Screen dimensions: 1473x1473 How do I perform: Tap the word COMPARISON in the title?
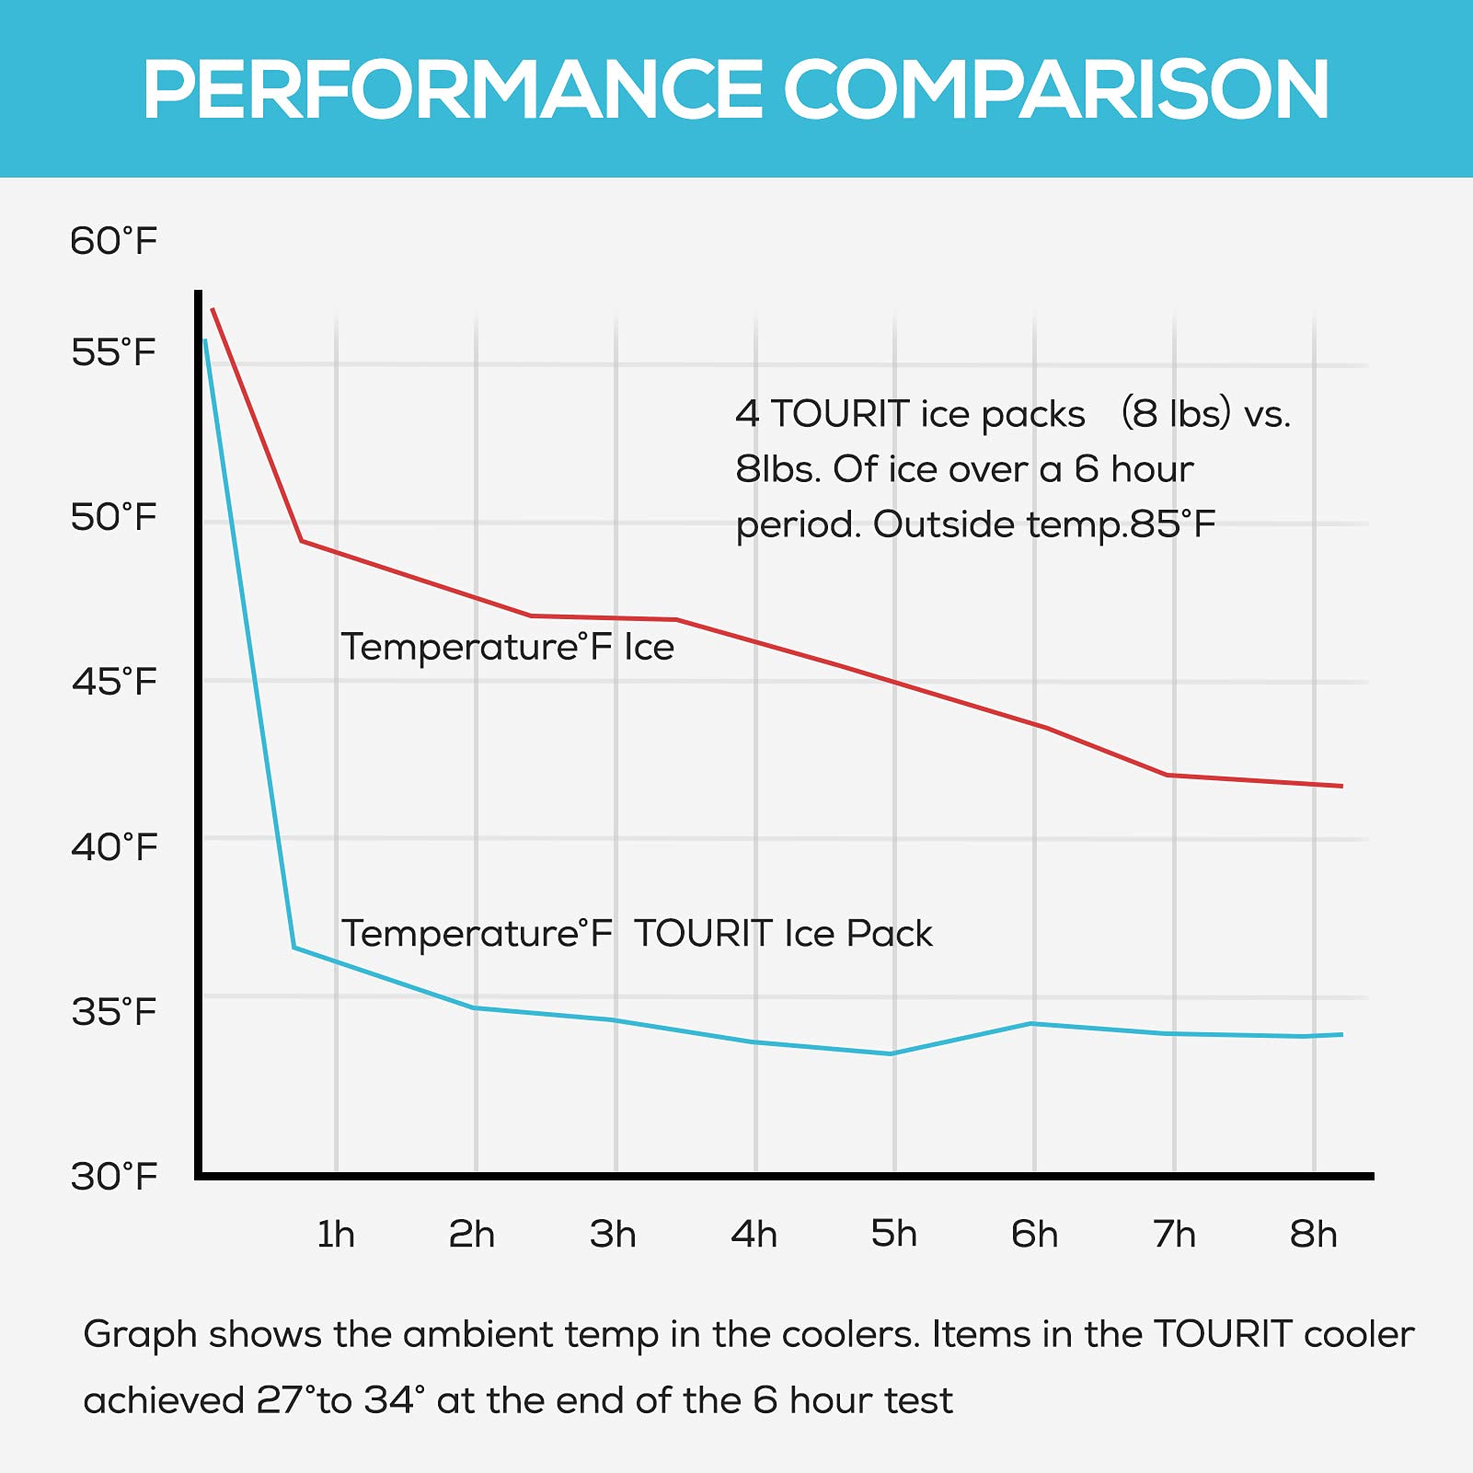tap(1055, 90)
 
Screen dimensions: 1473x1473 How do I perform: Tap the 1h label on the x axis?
tap(336, 1235)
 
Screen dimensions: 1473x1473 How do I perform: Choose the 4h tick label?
tap(754, 1235)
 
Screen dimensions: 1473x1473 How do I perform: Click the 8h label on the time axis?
tap(1313, 1235)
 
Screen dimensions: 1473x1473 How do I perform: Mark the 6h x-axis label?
tap(1034, 1235)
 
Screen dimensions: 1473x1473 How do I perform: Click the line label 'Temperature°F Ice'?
tap(508, 648)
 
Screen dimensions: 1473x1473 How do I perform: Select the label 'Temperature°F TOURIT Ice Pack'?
tap(637, 934)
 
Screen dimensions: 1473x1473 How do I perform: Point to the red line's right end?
tap(1341, 786)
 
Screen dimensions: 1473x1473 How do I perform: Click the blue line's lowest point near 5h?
tap(891, 1053)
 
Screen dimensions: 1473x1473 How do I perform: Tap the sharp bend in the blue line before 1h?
tap(294, 947)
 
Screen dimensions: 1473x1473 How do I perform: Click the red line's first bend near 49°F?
tap(302, 541)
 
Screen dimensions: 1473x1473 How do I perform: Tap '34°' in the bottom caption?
tap(394, 1401)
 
